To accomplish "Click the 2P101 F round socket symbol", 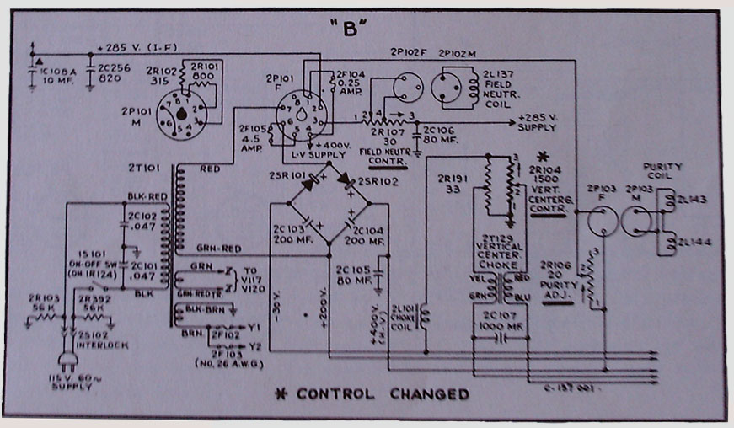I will pyautogui.click(x=300, y=115).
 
